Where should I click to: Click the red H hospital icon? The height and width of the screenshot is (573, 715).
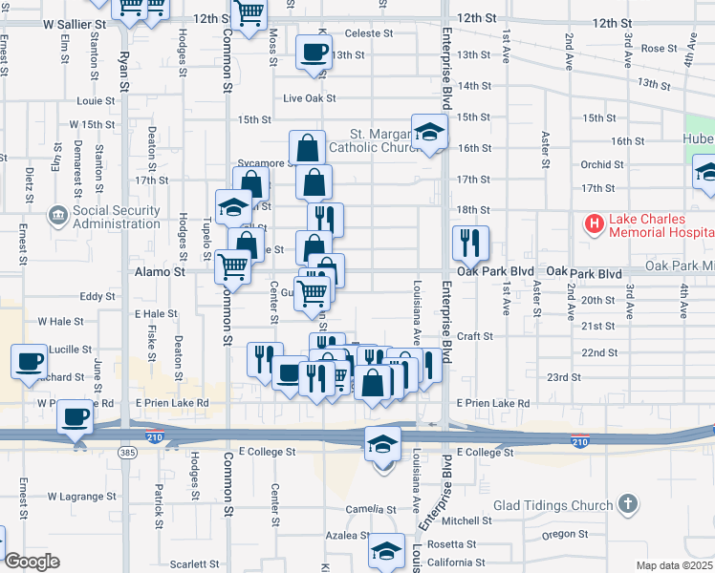(594, 224)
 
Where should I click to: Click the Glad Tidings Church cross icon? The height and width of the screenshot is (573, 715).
(627, 503)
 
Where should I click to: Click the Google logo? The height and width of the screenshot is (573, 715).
(31, 561)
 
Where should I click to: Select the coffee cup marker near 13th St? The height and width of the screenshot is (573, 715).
(312, 52)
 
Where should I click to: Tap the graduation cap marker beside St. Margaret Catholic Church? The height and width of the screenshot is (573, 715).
(429, 132)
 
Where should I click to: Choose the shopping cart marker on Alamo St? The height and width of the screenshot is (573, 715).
(232, 267)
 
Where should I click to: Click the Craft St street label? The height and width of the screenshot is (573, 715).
(474, 336)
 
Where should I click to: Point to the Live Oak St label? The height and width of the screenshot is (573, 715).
(311, 98)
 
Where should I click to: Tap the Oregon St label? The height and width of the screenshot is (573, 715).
(558, 534)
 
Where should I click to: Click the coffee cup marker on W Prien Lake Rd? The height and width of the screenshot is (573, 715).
(75, 416)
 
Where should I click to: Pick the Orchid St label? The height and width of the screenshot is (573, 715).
(602, 164)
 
